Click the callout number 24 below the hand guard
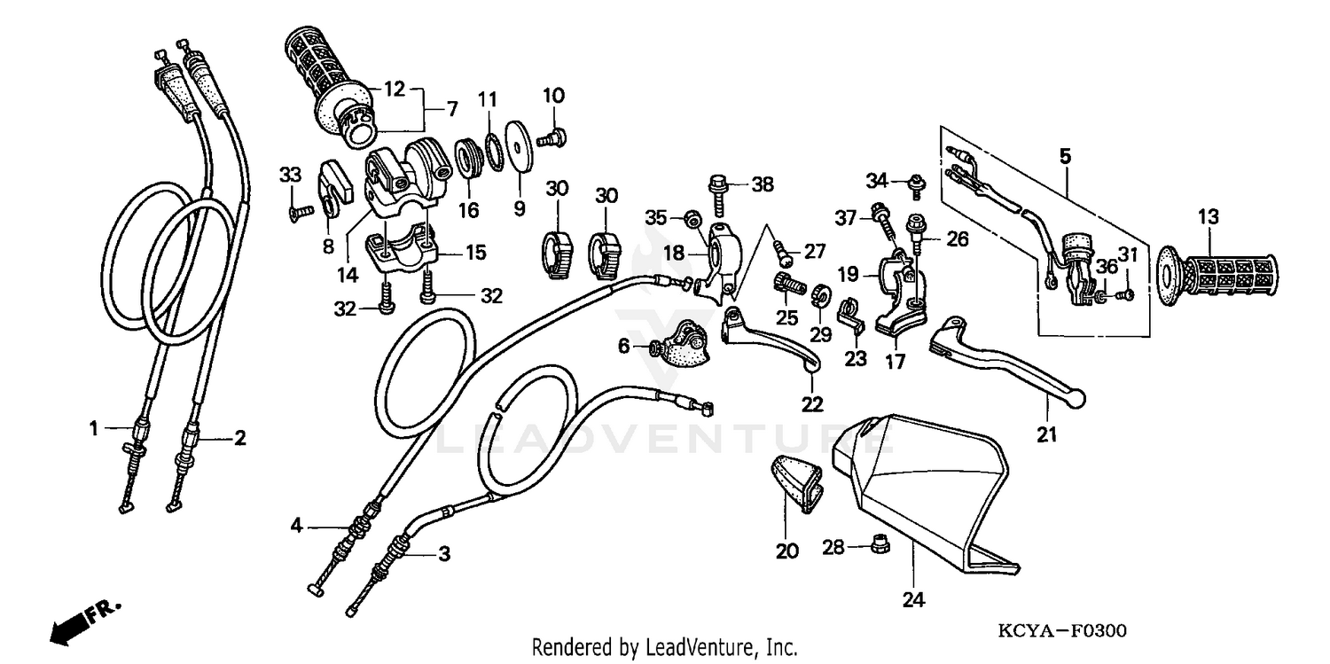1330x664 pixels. (913, 600)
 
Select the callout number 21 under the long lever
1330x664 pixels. (1047, 434)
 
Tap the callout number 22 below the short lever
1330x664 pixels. (812, 404)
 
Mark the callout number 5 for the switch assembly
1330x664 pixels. (1065, 157)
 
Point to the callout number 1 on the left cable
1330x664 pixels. (92, 429)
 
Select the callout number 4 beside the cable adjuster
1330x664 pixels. (296, 526)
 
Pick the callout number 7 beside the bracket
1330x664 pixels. (451, 110)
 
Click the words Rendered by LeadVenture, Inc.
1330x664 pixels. (664, 647)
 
